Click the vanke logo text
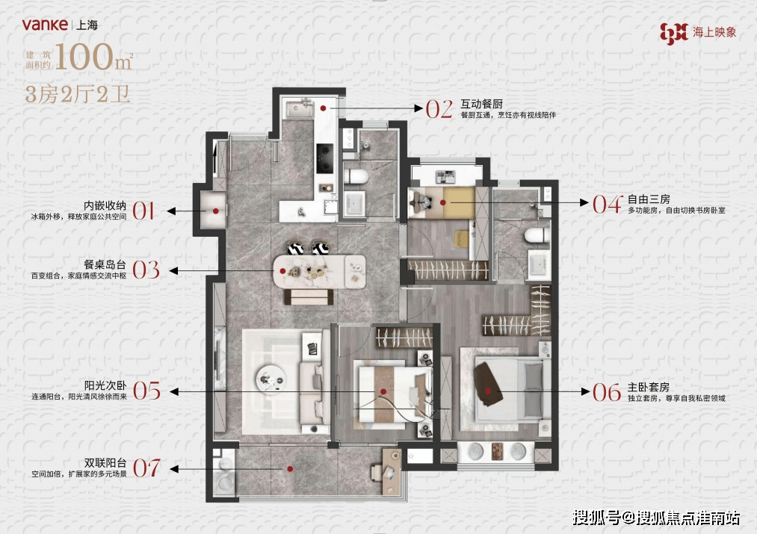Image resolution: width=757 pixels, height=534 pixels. point(45,24)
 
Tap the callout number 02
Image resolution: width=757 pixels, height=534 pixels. point(439,110)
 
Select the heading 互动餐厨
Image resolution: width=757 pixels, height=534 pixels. point(481,104)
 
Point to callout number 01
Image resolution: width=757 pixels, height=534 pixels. point(143,211)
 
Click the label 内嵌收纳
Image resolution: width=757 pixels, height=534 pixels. point(105,205)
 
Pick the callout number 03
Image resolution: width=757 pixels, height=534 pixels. point(146,270)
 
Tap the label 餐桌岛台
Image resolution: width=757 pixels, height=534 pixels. point(105,264)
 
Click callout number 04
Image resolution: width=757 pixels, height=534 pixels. point(608,204)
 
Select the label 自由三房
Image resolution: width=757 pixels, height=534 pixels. point(649,199)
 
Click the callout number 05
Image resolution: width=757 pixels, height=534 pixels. point(146,391)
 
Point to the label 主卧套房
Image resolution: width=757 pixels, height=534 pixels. point(649,388)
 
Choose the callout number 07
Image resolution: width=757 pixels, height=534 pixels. point(146,468)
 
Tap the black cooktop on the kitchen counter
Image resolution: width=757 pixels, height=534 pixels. point(324,158)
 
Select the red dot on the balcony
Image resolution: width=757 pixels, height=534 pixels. point(290,468)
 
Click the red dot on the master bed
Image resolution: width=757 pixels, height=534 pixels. point(488,391)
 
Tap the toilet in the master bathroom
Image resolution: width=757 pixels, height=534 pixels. point(537,235)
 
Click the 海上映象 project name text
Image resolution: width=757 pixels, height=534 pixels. point(714,32)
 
